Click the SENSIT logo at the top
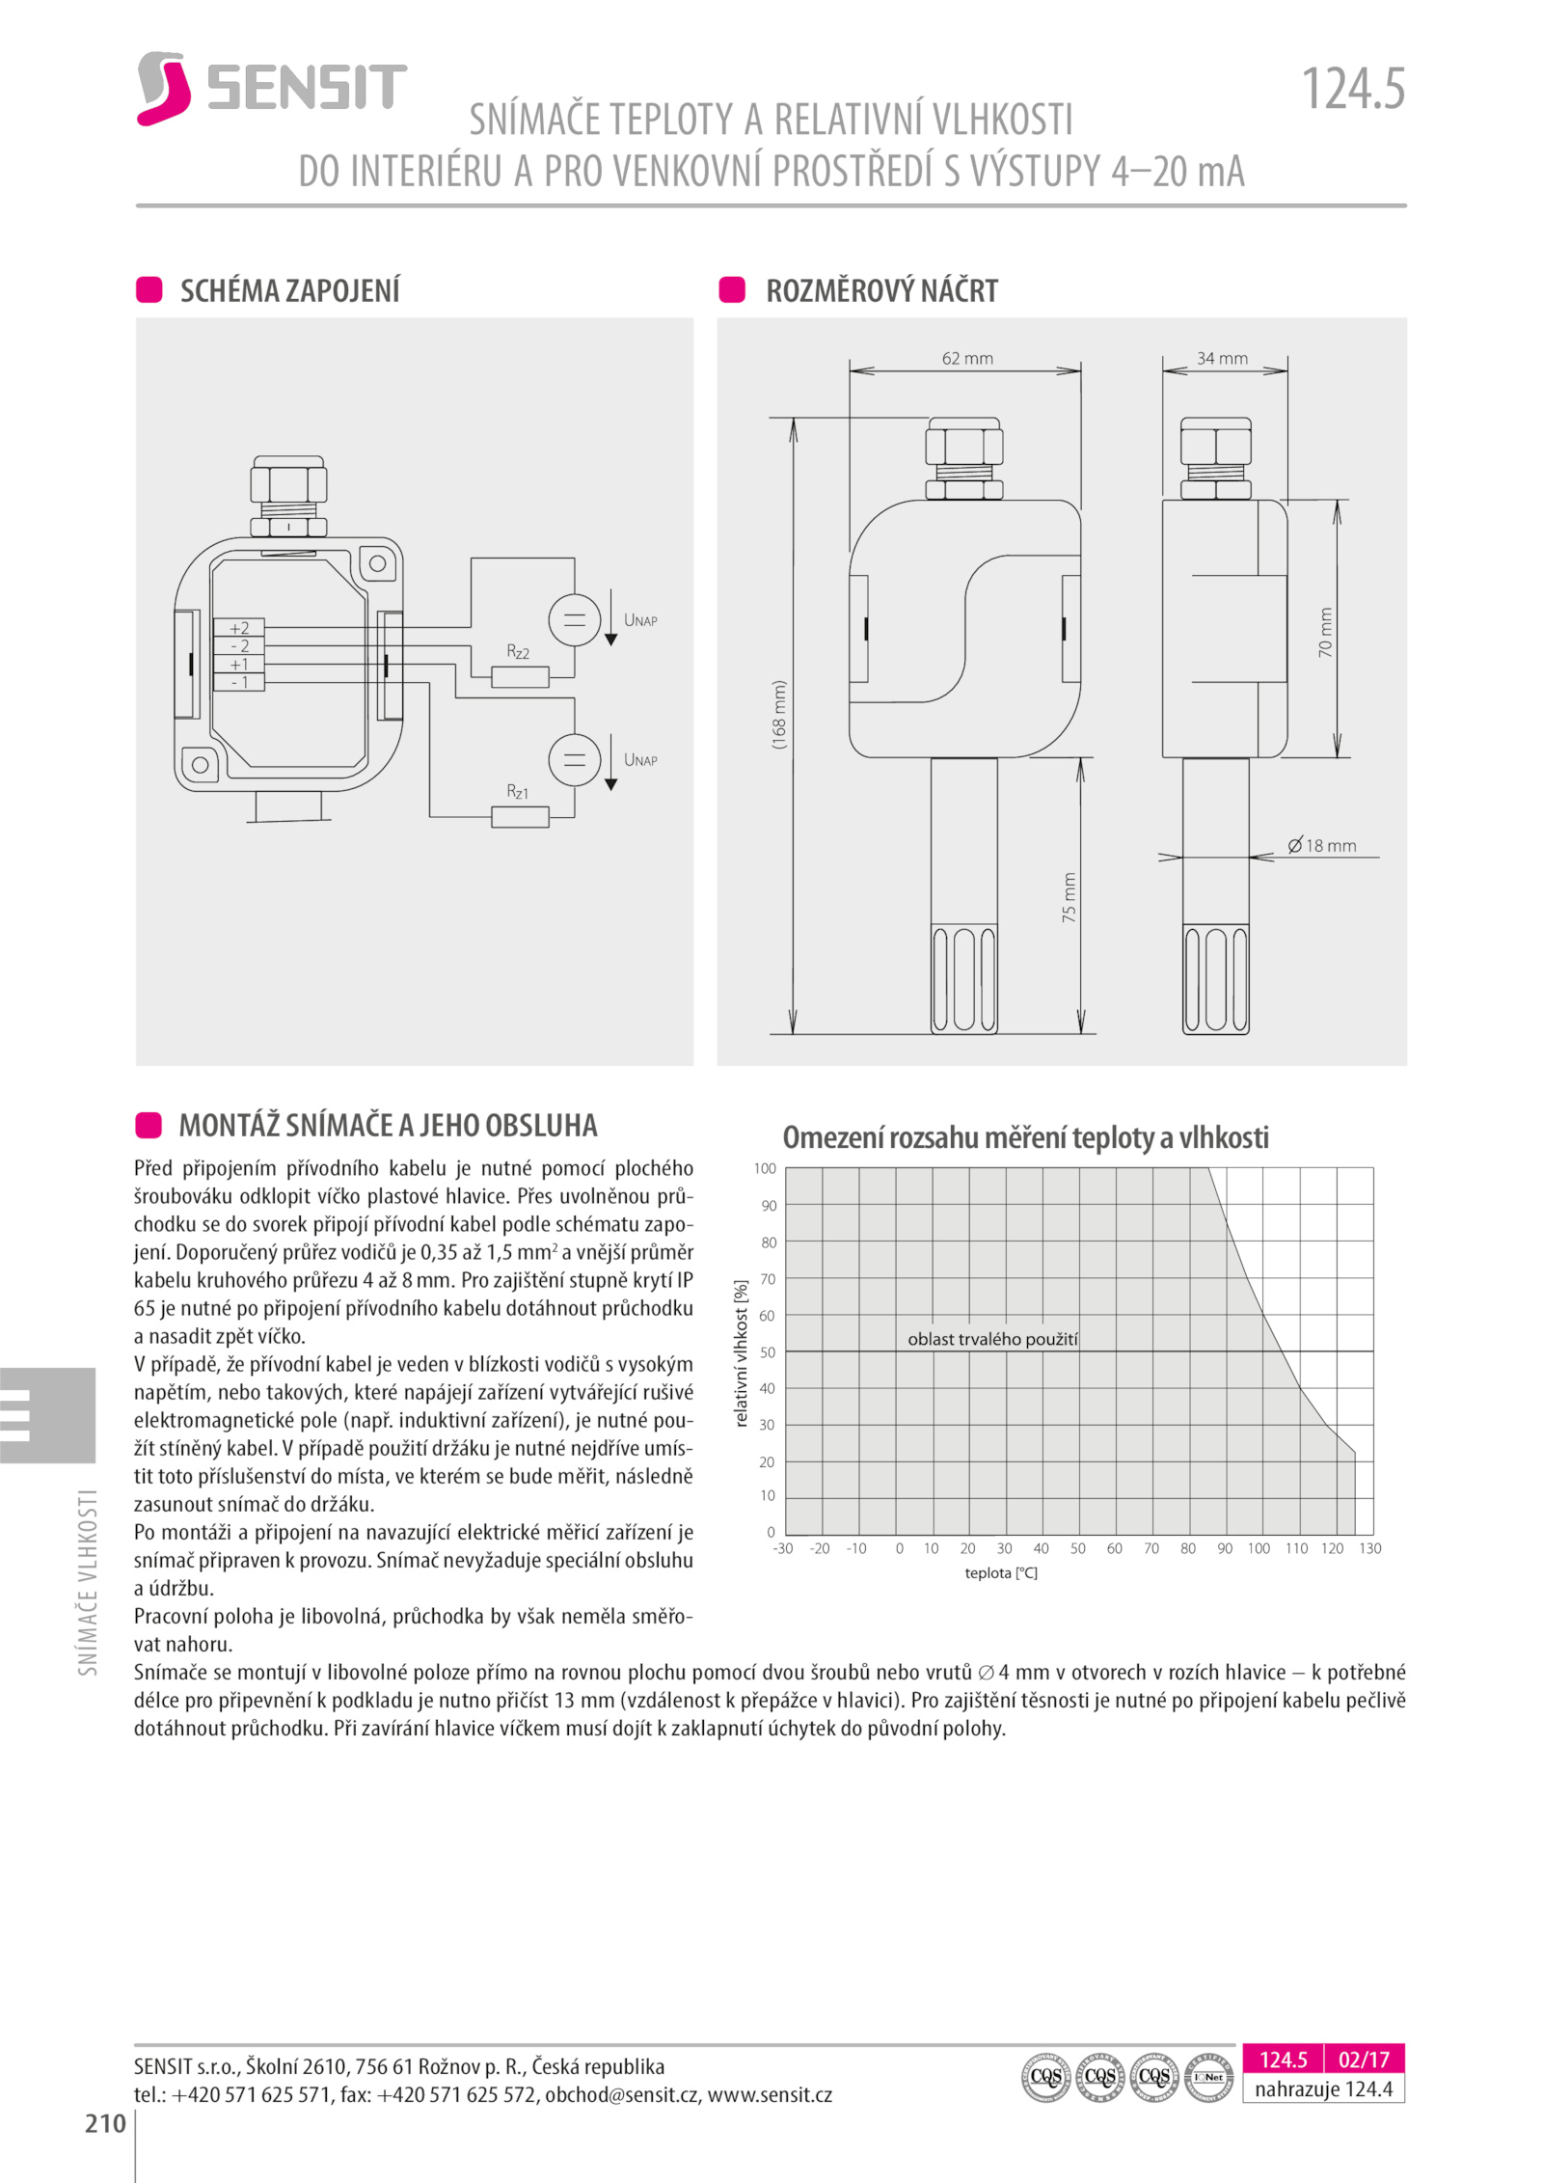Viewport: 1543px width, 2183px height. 272,88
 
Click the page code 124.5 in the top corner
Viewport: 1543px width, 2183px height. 1352,90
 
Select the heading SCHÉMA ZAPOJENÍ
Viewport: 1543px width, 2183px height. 289,290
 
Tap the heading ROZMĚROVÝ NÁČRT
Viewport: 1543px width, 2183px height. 880,290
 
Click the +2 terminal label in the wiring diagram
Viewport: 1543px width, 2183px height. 239,628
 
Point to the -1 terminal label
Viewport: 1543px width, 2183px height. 239,682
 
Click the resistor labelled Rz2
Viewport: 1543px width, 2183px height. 520,676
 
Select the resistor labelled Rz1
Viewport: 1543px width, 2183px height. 520,816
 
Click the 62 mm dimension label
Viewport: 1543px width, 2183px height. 966,358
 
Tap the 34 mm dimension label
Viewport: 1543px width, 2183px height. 1222,358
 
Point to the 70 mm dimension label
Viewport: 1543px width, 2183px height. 1325,632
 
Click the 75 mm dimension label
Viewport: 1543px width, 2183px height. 1069,897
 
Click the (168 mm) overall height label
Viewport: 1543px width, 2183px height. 779,714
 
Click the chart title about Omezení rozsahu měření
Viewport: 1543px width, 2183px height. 1025,1137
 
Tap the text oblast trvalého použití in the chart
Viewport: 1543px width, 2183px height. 992,1339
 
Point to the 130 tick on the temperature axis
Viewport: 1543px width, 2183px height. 1369,1548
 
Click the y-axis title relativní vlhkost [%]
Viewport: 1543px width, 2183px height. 741,1352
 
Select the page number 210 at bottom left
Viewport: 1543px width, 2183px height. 105,2122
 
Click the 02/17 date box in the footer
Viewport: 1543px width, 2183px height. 1363,2060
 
